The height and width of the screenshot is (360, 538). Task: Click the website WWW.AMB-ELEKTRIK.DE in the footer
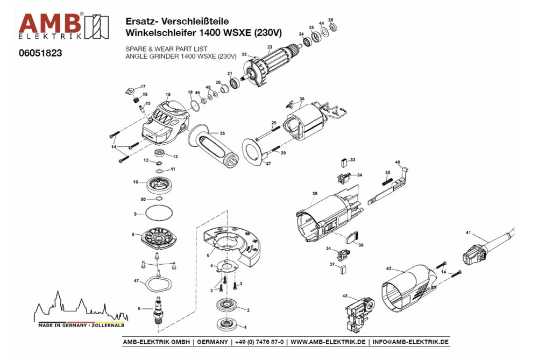pyautogui.click(x=328, y=342)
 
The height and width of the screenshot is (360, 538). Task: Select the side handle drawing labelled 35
pyautogui.click(x=207, y=143)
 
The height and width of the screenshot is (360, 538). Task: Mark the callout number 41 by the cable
pyautogui.click(x=468, y=233)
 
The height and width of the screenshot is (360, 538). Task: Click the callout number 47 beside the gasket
pyautogui.click(x=137, y=280)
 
